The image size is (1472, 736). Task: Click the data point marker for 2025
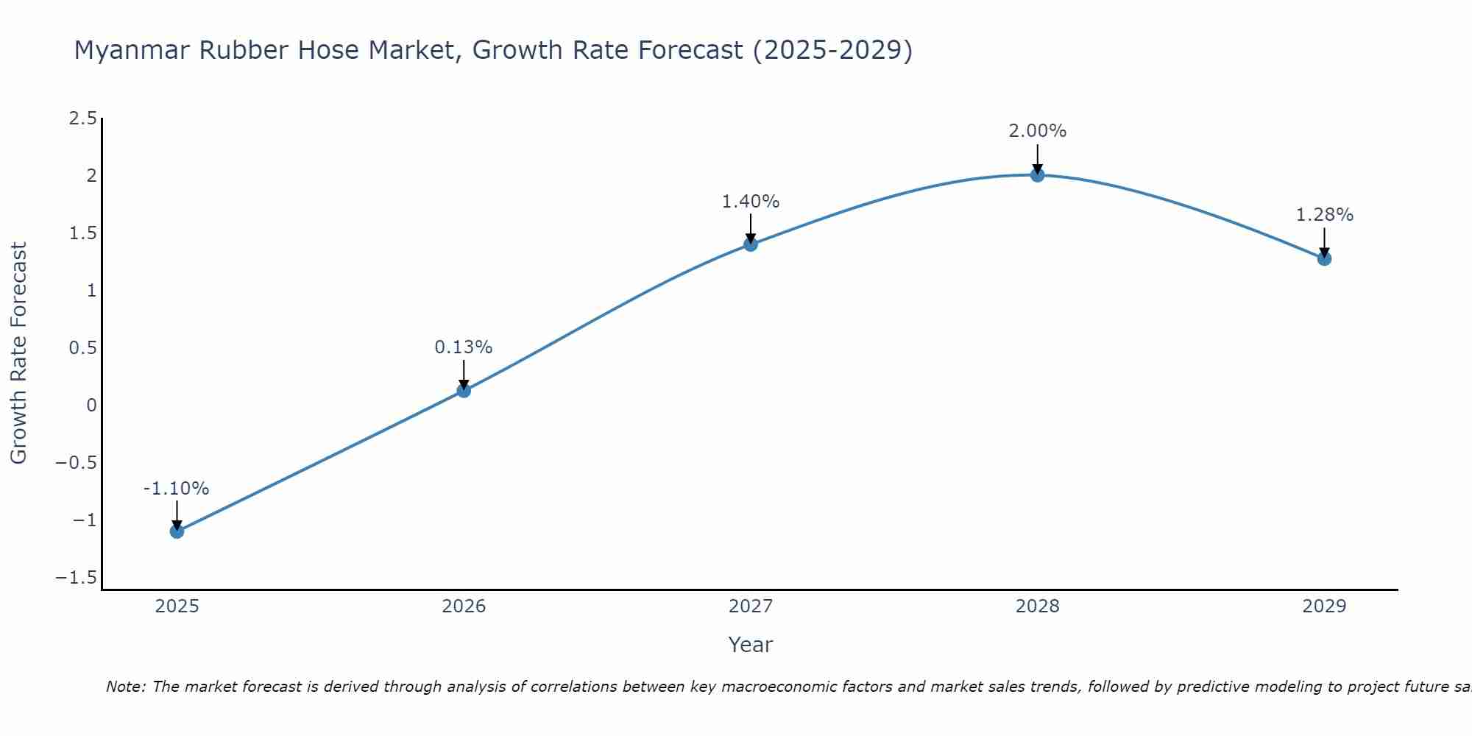(x=177, y=531)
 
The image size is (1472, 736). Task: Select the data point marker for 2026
(x=464, y=390)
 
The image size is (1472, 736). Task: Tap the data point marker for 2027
(x=751, y=244)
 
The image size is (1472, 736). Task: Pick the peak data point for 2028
(x=1037, y=174)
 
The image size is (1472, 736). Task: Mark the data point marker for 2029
(x=1324, y=258)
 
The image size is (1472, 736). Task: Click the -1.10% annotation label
(x=176, y=489)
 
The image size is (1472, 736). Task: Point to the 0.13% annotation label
(x=464, y=347)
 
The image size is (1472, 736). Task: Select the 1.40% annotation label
(x=751, y=202)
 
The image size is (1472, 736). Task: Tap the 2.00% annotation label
(x=1037, y=131)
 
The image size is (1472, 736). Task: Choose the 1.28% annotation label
(x=1324, y=215)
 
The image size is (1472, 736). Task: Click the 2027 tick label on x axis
(x=751, y=606)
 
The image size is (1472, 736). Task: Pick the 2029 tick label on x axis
(x=1324, y=606)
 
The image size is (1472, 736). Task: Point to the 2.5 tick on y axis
(x=82, y=118)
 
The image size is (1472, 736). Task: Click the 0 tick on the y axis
(x=91, y=406)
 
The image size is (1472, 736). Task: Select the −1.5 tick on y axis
(x=76, y=578)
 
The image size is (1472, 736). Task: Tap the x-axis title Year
(x=750, y=645)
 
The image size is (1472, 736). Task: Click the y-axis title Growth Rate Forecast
(x=18, y=353)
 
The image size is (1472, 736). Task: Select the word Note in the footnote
(x=125, y=687)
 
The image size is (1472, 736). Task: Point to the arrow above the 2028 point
(x=1037, y=157)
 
